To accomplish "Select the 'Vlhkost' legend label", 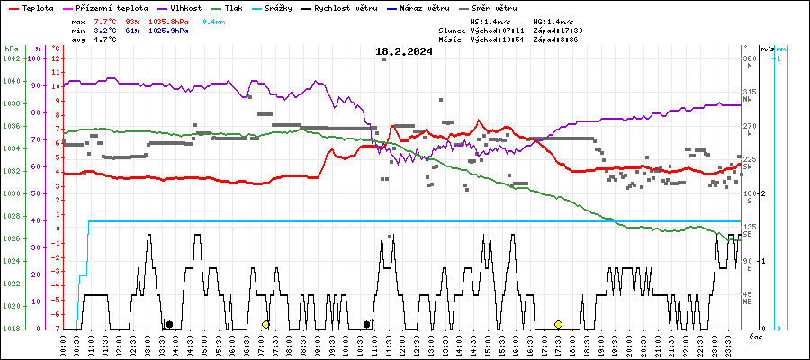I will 186,8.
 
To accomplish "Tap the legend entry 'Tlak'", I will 233,8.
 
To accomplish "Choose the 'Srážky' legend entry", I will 276,8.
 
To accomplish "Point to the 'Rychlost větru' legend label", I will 341,8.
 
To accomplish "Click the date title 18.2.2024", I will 404,51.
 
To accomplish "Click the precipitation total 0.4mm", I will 213,21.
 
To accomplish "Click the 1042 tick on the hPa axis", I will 11,58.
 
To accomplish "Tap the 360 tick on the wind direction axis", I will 748,58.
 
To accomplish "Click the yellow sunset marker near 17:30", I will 558,324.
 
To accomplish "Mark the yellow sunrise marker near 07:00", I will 265,324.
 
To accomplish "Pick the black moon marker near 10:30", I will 366,324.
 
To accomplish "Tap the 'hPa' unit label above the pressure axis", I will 11,48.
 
